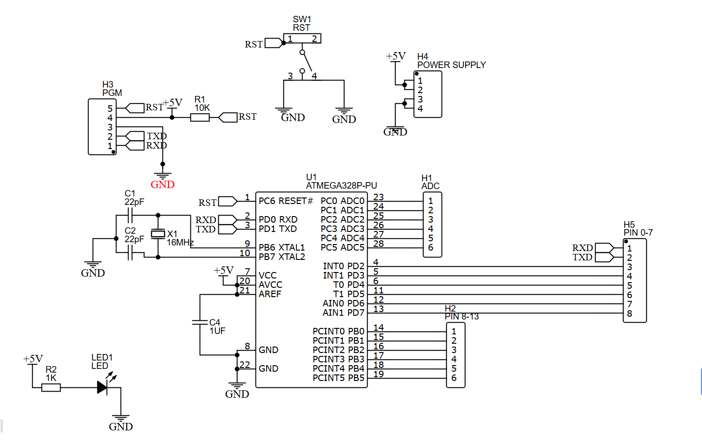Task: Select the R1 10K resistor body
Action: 200,117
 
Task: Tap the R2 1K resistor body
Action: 51,388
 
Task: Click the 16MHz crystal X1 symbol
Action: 158,234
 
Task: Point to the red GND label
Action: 162,184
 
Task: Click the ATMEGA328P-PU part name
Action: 341,185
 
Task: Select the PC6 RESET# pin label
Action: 286,201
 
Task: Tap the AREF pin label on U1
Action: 270,294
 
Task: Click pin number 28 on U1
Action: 378,244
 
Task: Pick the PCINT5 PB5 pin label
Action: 338,378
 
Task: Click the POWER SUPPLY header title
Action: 451,65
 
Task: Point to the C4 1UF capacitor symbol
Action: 200,322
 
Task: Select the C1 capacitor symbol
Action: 130,215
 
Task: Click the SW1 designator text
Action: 301,19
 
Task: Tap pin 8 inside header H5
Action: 629,313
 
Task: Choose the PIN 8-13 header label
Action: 461,317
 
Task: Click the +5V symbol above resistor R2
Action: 33,359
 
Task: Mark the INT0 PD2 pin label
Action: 343,266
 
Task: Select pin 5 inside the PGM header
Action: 110,109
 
